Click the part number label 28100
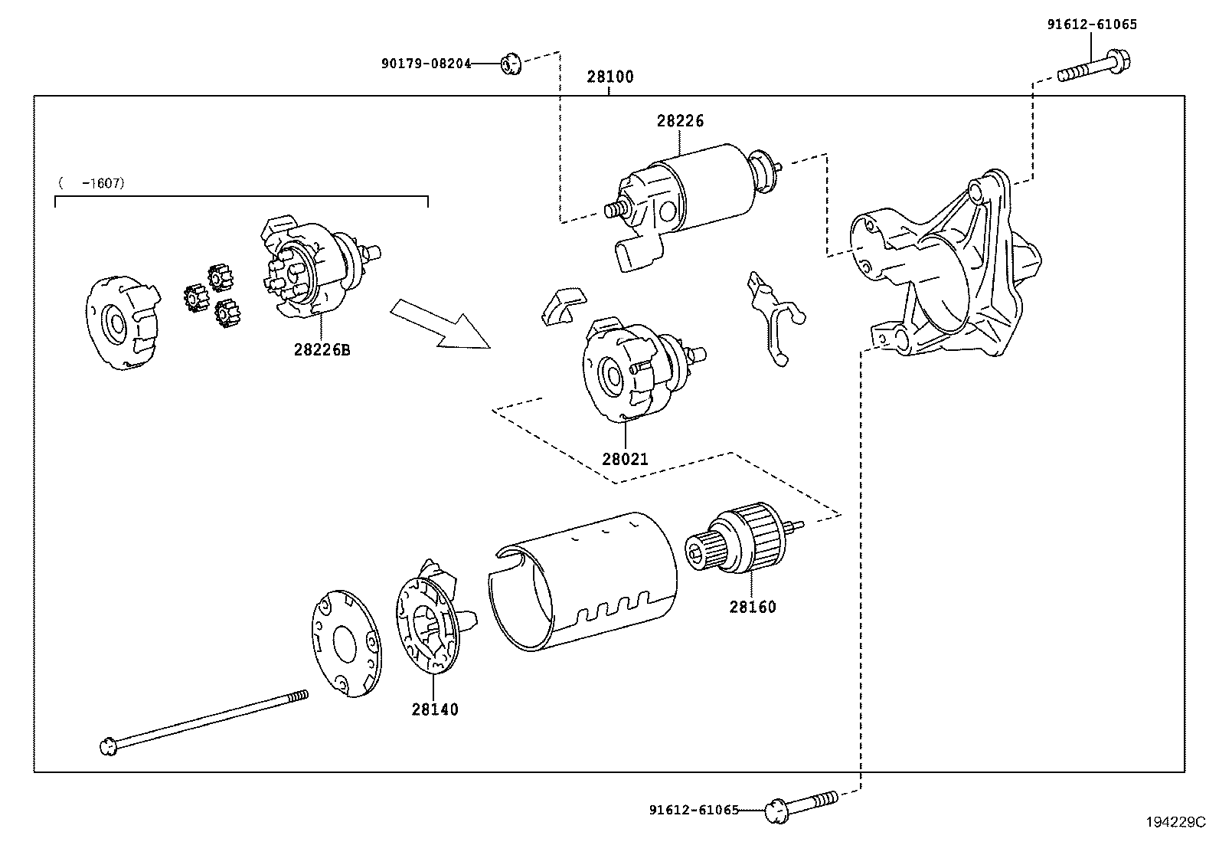[x=610, y=77]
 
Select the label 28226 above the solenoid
[x=679, y=121]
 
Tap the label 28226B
[x=322, y=350]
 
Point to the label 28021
[x=625, y=460]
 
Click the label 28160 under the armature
[x=752, y=608]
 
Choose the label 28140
[x=435, y=710]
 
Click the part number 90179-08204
[x=426, y=64]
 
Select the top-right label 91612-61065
[x=1092, y=25]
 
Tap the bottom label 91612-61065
[x=694, y=810]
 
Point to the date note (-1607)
[x=90, y=184]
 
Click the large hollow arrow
[x=440, y=325]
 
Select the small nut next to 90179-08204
[x=510, y=64]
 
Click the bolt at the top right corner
[x=1095, y=67]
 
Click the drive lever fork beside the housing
[x=773, y=318]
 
